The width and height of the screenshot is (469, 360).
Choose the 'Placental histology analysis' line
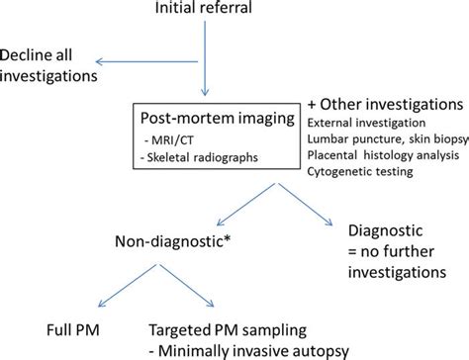tap(379, 157)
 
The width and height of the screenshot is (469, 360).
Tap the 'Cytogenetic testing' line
tap(357, 174)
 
